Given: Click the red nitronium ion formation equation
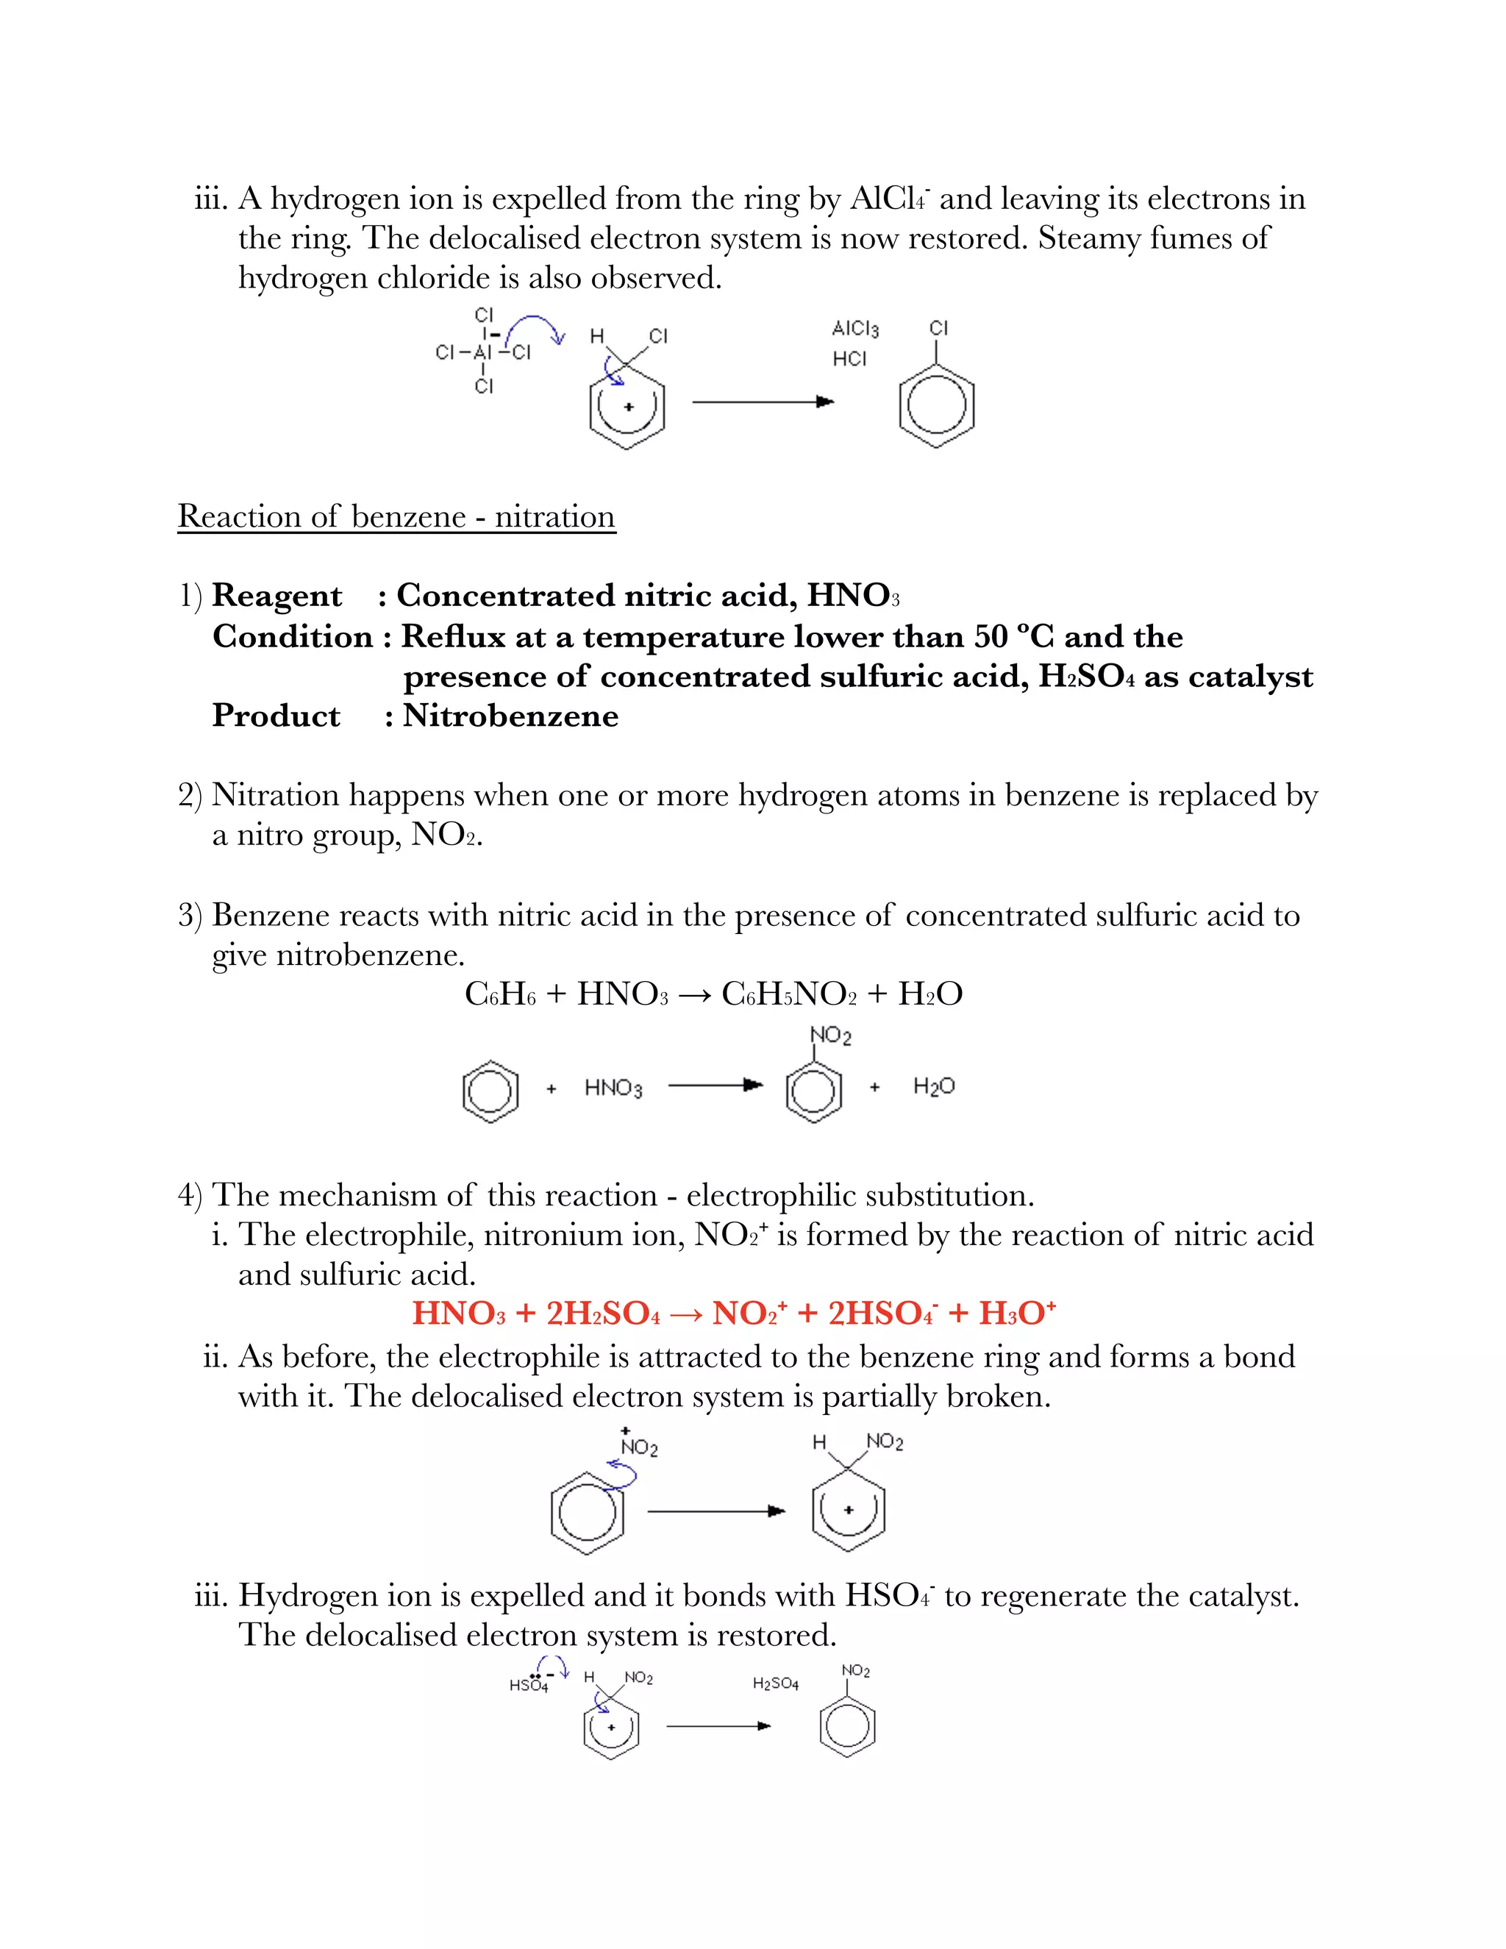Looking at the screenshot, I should pos(733,1313).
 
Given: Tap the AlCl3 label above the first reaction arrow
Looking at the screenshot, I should pos(854,329).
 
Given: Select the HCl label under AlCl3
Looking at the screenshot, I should pos(849,359).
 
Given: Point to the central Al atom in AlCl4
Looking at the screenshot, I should pos(482,352).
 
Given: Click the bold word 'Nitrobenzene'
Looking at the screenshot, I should pos(510,716).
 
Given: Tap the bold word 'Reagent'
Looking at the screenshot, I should pos(276,595).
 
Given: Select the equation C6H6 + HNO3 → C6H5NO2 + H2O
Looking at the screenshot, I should pos(713,993).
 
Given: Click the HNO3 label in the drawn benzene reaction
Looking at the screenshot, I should pos(613,1088).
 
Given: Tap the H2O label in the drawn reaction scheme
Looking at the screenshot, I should pos(933,1086).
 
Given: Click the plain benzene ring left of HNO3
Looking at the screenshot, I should pos(490,1091).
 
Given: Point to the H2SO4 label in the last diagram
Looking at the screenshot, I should pos(775,1683).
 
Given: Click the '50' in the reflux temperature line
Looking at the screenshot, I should pos(991,636).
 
